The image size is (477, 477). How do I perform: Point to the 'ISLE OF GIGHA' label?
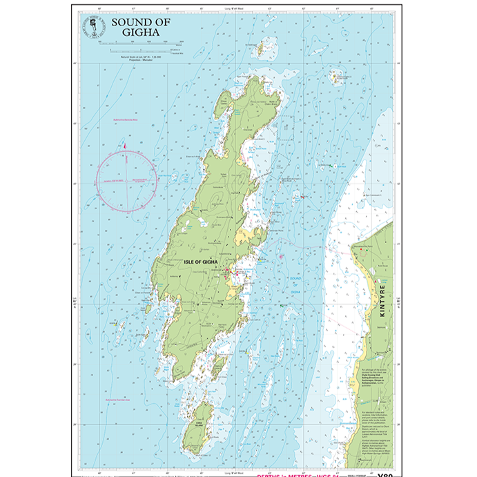(201, 263)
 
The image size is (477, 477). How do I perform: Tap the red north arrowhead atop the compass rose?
(124, 145)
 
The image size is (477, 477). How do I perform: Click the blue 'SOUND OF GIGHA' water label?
(295, 284)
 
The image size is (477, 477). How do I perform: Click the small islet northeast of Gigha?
(338, 77)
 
